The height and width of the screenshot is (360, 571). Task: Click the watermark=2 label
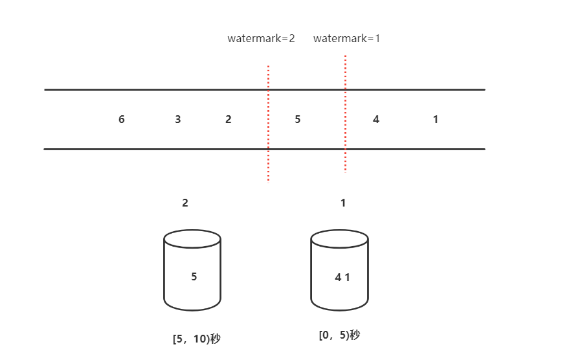[261, 38]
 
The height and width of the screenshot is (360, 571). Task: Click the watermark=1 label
[346, 38]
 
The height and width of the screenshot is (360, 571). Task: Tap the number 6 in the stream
[122, 119]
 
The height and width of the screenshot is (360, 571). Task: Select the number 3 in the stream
[177, 119]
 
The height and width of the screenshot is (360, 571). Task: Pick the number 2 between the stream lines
[229, 119]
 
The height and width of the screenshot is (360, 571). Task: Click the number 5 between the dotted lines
[298, 119]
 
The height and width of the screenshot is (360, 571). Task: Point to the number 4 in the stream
[376, 119]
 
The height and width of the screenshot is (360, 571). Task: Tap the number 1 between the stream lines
[436, 119]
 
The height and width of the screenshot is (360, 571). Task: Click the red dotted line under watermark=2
[269, 124]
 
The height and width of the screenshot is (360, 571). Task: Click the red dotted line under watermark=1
[345, 113]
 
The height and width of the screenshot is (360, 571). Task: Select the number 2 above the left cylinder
[185, 203]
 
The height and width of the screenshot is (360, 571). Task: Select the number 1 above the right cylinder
[343, 203]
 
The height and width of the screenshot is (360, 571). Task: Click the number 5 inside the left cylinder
[194, 276]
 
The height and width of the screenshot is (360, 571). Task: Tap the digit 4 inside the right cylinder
[339, 277]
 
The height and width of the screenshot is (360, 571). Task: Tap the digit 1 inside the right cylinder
[348, 277]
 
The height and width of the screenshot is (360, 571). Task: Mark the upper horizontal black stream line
[265, 89]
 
